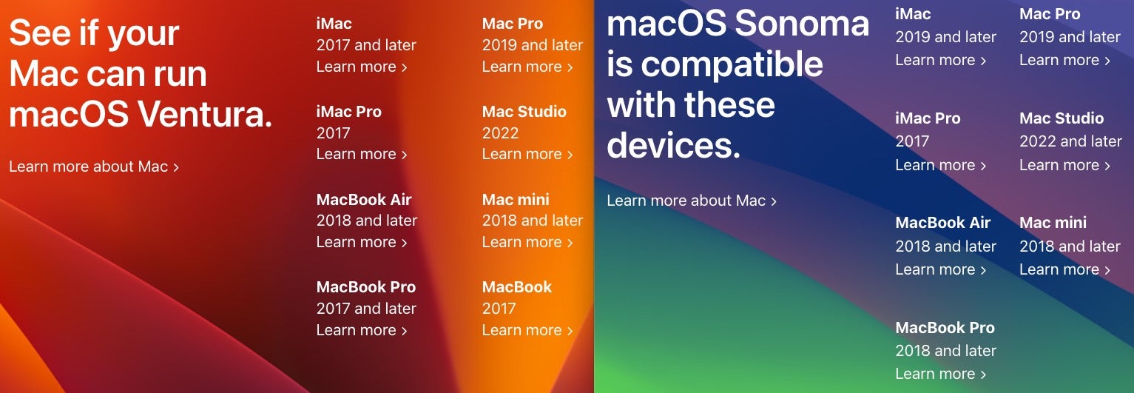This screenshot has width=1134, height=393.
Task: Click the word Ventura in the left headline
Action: (x=205, y=114)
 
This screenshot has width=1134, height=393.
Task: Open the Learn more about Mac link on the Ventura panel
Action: (x=94, y=167)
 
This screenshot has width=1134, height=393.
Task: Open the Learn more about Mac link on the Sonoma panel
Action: (x=692, y=201)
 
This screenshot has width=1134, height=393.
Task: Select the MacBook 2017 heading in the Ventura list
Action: (x=517, y=287)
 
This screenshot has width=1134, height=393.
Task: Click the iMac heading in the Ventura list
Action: (x=334, y=23)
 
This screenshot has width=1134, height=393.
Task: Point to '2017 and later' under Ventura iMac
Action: (x=366, y=45)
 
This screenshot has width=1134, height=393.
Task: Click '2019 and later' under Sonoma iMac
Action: (x=945, y=37)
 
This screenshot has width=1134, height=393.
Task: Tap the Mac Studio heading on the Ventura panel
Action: (x=524, y=112)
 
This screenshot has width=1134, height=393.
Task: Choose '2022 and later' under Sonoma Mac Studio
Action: (x=1070, y=141)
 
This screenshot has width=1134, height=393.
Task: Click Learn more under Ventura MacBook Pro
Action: (x=362, y=330)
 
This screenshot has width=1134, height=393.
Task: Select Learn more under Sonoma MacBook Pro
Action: (x=941, y=374)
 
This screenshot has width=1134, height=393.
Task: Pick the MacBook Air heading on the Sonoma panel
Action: (x=942, y=222)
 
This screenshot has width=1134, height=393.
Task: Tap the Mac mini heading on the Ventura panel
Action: (x=516, y=200)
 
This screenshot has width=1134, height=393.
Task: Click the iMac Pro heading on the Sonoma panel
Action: (x=928, y=118)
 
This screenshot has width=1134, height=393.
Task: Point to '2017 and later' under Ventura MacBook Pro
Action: (x=366, y=309)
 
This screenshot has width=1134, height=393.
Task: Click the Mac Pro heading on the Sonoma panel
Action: (x=1050, y=13)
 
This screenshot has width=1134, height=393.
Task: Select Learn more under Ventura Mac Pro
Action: (x=527, y=67)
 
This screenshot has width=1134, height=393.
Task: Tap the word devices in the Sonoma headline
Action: (x=673, y=145)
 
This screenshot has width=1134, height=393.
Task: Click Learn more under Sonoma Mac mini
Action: (x=1064, y=269)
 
